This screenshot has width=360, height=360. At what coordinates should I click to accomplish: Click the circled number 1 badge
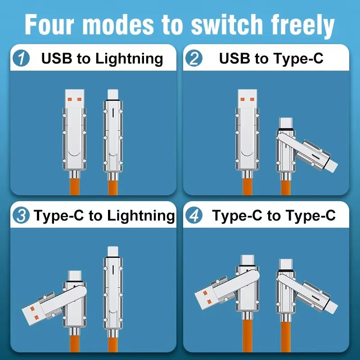pos(21,58)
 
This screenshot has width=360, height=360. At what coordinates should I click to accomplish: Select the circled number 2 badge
pos(194,58)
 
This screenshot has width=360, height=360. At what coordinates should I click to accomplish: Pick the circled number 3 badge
pos(21,216)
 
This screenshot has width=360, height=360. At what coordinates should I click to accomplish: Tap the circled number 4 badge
pos(194,216)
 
